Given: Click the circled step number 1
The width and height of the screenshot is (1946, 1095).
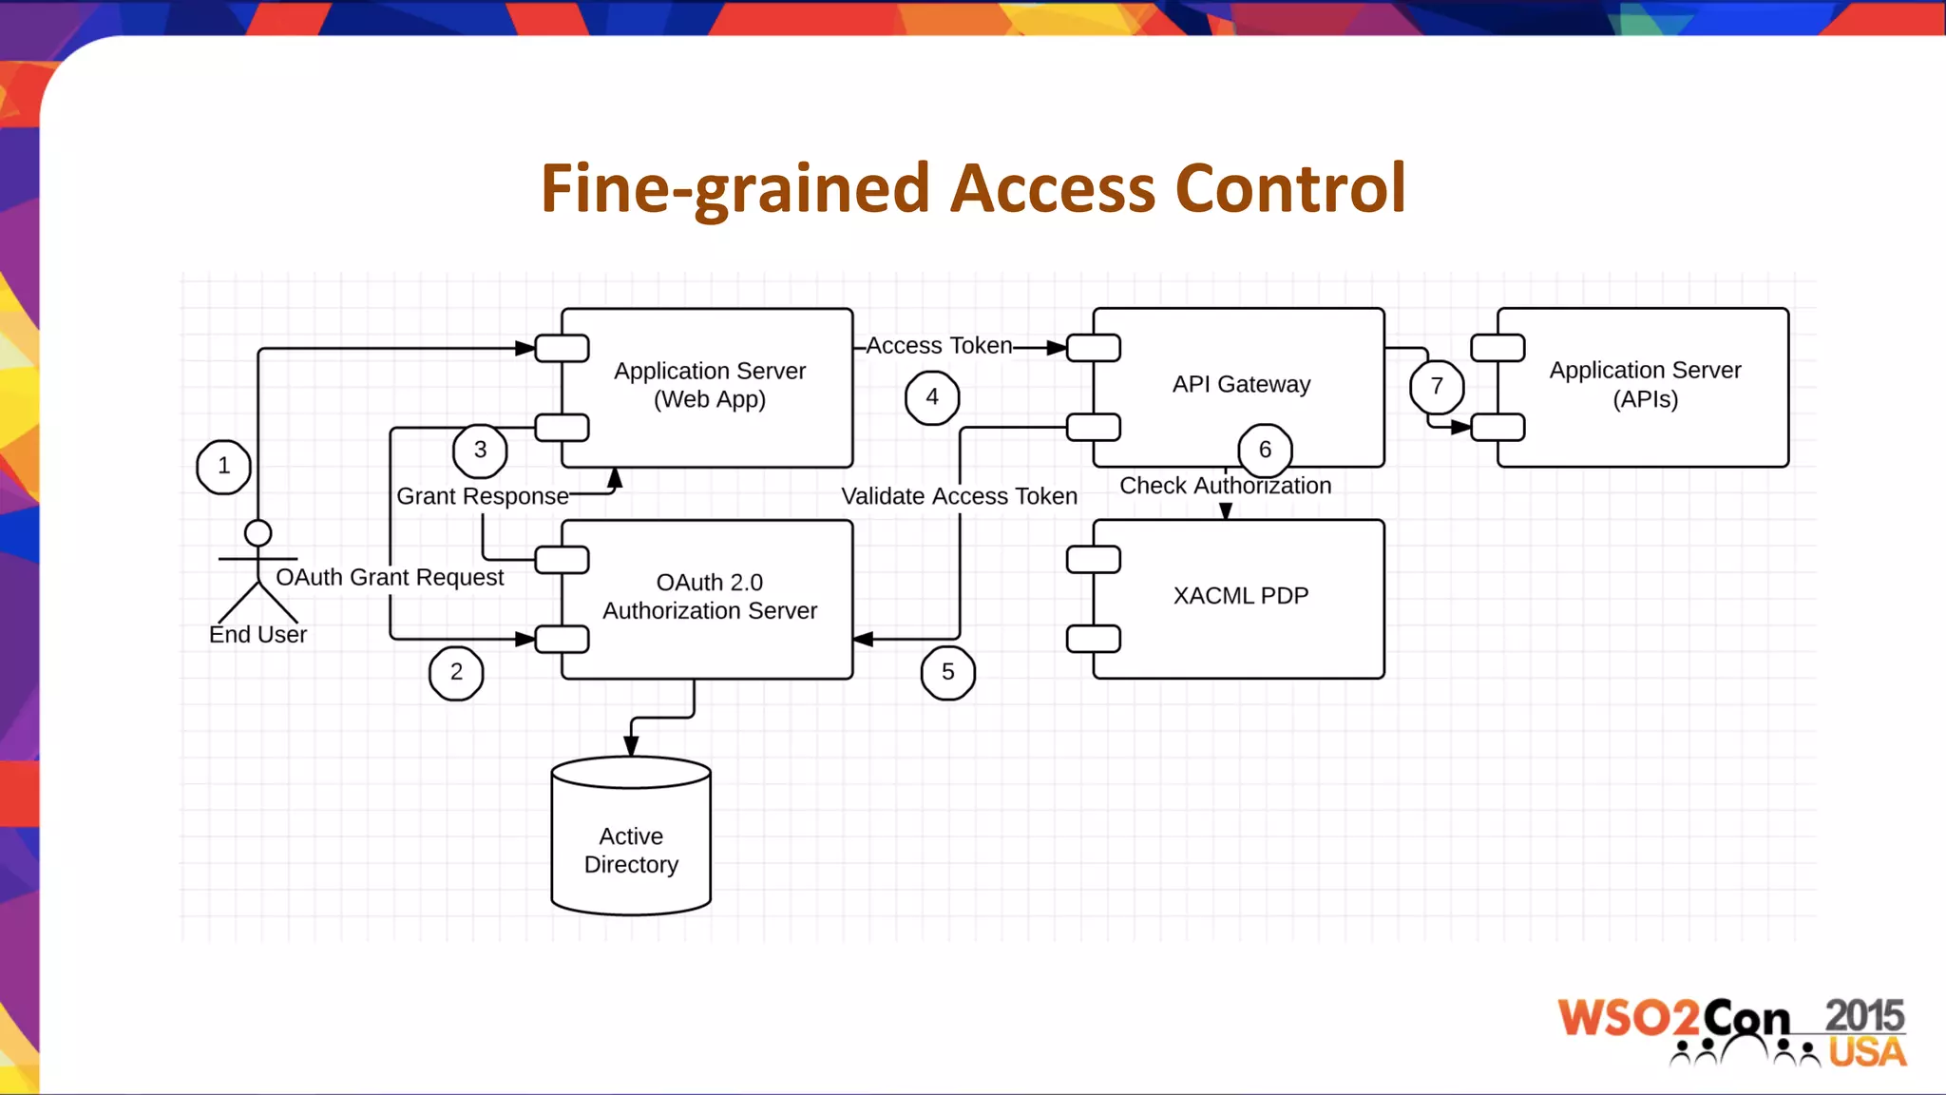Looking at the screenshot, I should coord(223,467).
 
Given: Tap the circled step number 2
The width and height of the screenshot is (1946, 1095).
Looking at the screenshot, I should coord(456,672).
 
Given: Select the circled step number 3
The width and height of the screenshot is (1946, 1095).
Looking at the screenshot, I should coord(480,451).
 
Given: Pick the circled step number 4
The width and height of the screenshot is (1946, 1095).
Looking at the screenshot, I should coord(932,397).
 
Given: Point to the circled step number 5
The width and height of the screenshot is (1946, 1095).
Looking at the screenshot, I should coord(948,672).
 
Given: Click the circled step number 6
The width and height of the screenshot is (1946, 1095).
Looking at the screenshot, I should coord(1265,451).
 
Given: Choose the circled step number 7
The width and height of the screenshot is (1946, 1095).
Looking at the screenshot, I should coord(1437,386).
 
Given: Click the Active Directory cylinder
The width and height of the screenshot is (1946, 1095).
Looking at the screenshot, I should coord(631,837).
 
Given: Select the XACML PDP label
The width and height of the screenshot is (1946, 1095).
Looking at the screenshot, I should coord(1240,596).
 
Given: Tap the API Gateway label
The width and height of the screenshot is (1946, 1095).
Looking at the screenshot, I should coord(1240,384).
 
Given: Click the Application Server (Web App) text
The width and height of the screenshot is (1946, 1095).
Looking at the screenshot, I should coord(709,385).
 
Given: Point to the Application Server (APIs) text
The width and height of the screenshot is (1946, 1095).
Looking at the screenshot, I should coord(1645,384).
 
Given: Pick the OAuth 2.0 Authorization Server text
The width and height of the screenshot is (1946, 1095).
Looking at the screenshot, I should coord(709,597).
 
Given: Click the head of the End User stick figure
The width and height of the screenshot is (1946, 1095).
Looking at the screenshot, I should coord(258,533).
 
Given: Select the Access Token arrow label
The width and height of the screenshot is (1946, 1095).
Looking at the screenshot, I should coord(939,346).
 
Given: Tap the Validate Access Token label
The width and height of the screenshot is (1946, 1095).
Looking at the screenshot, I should coord(959,496).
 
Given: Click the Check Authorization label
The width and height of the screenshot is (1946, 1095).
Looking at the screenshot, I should coord(1225,486).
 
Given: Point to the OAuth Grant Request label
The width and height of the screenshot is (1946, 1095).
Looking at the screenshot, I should coord(389,577).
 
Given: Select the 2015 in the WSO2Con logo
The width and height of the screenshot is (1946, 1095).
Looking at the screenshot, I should coord(1863,1015).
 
